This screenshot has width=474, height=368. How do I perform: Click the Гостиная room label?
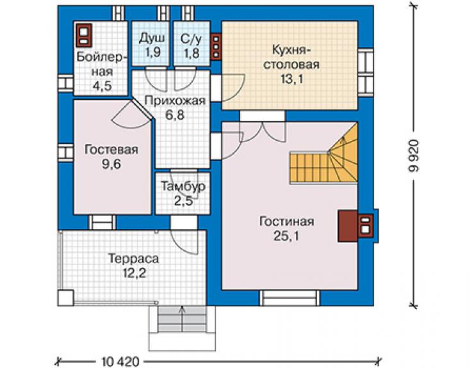(286, 221)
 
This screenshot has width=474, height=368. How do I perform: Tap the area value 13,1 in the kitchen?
(291, 79)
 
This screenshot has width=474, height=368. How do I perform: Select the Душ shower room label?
(152, 38)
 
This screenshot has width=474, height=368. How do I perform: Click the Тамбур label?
(183, 186)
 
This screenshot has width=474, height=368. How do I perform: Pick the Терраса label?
(133, 259)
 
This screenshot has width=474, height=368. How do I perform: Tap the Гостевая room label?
(111, 150)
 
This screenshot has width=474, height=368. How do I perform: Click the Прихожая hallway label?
(175, 100)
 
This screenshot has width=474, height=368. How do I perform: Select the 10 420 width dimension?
(120, 361)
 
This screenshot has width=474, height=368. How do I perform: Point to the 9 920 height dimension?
(414, 156)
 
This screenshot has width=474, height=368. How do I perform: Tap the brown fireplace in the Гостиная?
(355, 226)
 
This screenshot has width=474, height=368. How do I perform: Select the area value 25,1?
(286, 236)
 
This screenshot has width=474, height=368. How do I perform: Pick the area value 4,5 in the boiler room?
(102, 86)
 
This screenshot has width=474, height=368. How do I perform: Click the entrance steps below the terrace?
(182, 319)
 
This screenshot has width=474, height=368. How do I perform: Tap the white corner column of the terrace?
(65, 298)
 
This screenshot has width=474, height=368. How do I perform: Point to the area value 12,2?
(135, 273)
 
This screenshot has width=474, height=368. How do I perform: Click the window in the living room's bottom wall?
(290, 298)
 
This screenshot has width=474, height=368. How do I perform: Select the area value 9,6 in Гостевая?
(111, 164)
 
